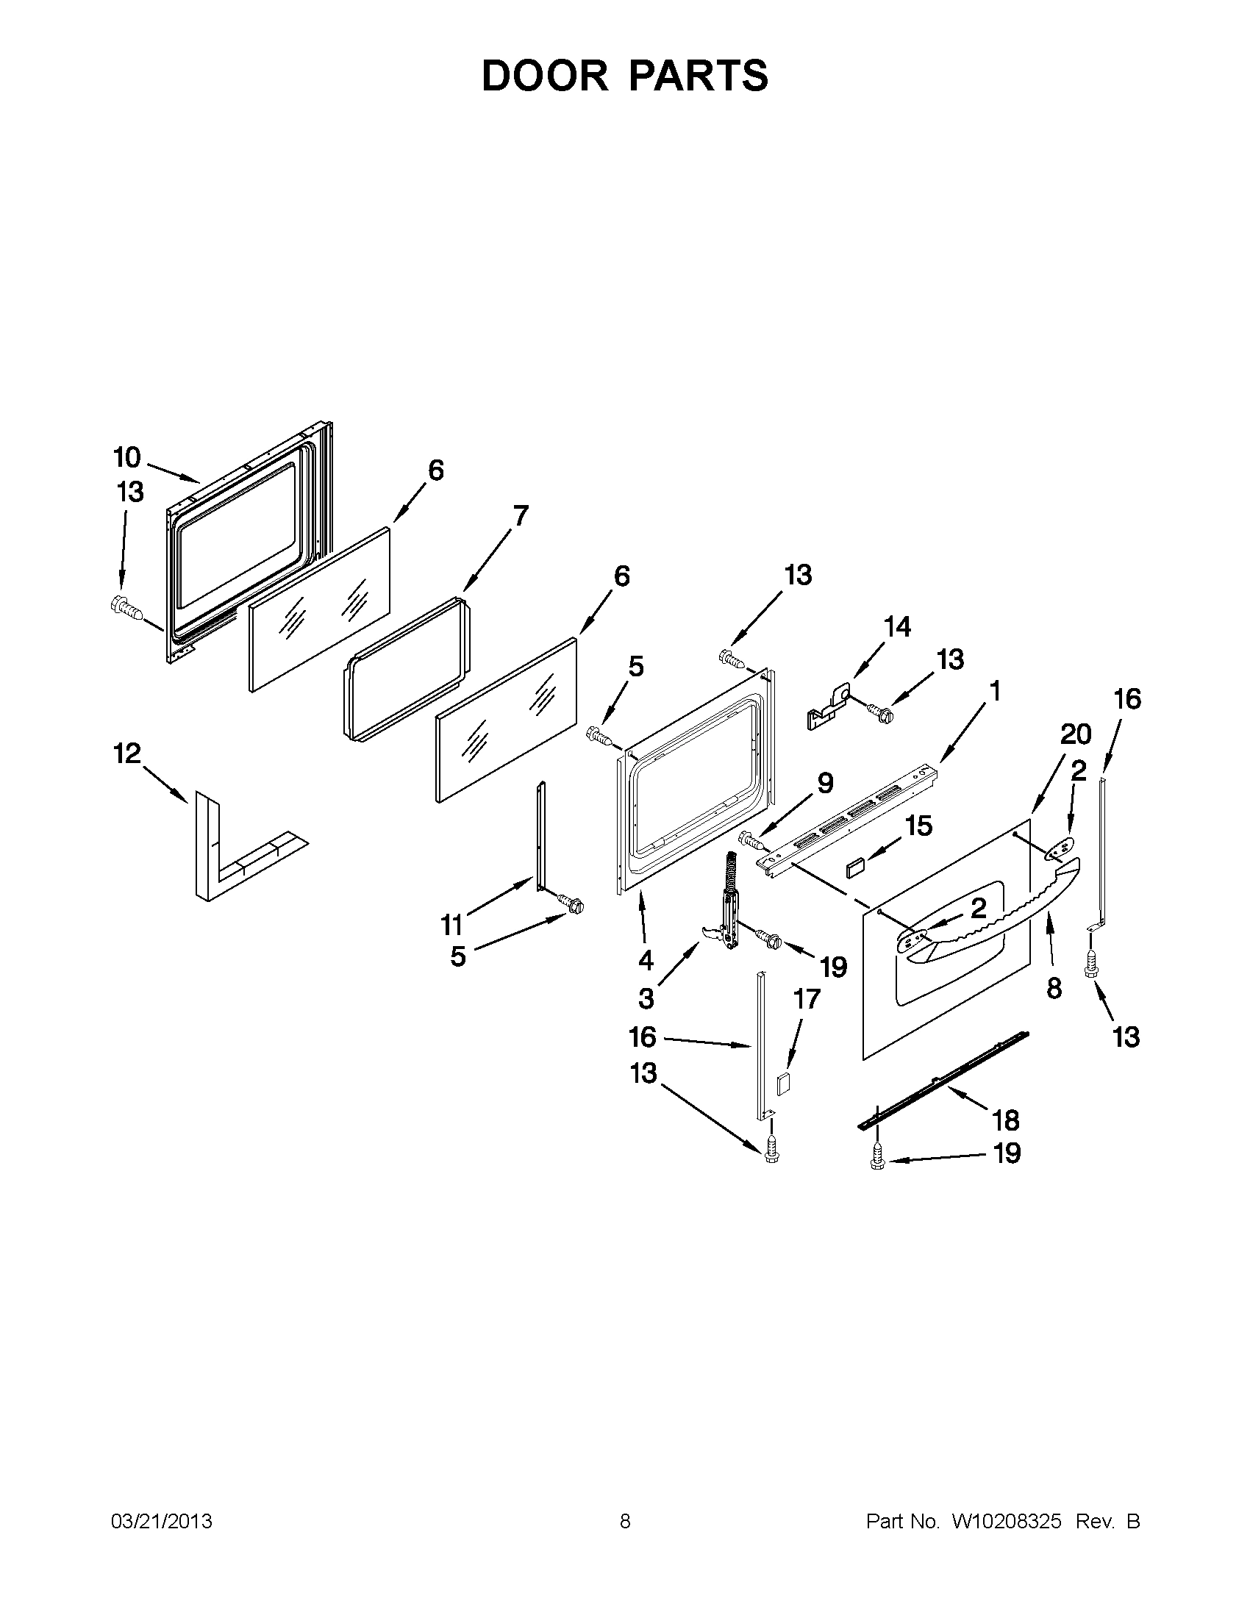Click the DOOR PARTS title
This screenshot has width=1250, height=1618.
624,76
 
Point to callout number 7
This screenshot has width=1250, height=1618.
521,515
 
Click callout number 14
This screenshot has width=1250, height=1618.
897,627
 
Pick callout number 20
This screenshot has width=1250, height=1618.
1076,734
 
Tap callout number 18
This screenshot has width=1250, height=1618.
1006,1141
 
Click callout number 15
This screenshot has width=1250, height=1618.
920,826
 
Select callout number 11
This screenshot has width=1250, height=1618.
451,925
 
